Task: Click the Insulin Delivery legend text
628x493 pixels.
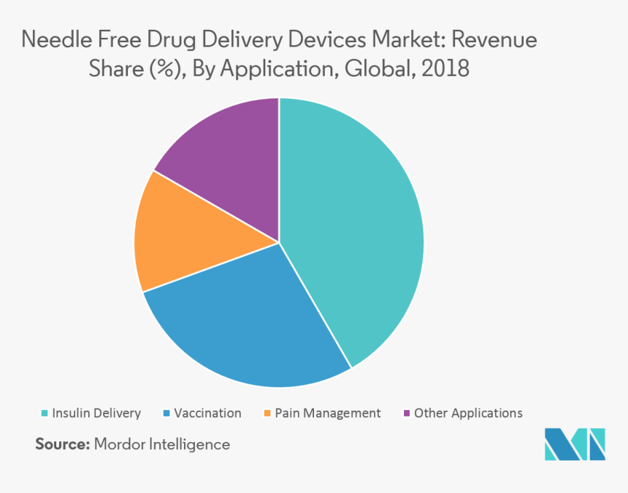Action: (96, 413)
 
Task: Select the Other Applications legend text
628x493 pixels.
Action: (468, 413)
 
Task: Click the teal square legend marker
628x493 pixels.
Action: (45, 414)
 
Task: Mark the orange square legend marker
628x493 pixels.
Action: (268, 414)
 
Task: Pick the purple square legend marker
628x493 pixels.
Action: (407, 414)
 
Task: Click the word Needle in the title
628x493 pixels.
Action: (50, 39)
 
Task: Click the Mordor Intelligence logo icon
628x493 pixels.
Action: (575, 443)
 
